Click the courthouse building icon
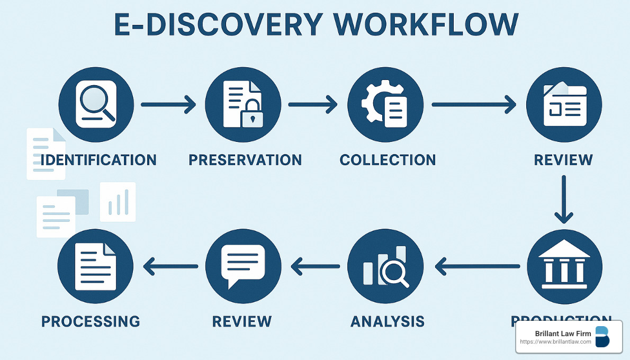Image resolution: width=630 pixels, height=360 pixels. pos(564,265)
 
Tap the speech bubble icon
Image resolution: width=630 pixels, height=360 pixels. pos(242,265)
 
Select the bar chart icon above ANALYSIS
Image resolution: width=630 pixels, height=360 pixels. pos(385,266)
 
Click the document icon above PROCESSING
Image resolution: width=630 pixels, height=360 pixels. pos(95,266)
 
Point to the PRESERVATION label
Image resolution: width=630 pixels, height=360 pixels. pos(245,159)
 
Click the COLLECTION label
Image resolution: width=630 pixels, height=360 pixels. pos(388,159)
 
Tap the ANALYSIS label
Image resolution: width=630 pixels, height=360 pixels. pos(387,321)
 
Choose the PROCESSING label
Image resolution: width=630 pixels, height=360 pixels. pos(91,321)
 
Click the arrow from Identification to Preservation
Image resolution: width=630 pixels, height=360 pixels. pos(168,104)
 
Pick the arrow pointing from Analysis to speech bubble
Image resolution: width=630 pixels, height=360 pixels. pos(316,266)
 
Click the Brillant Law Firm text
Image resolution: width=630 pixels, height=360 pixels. pos(555,334)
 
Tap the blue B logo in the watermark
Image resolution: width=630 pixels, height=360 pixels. pos(602,337)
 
